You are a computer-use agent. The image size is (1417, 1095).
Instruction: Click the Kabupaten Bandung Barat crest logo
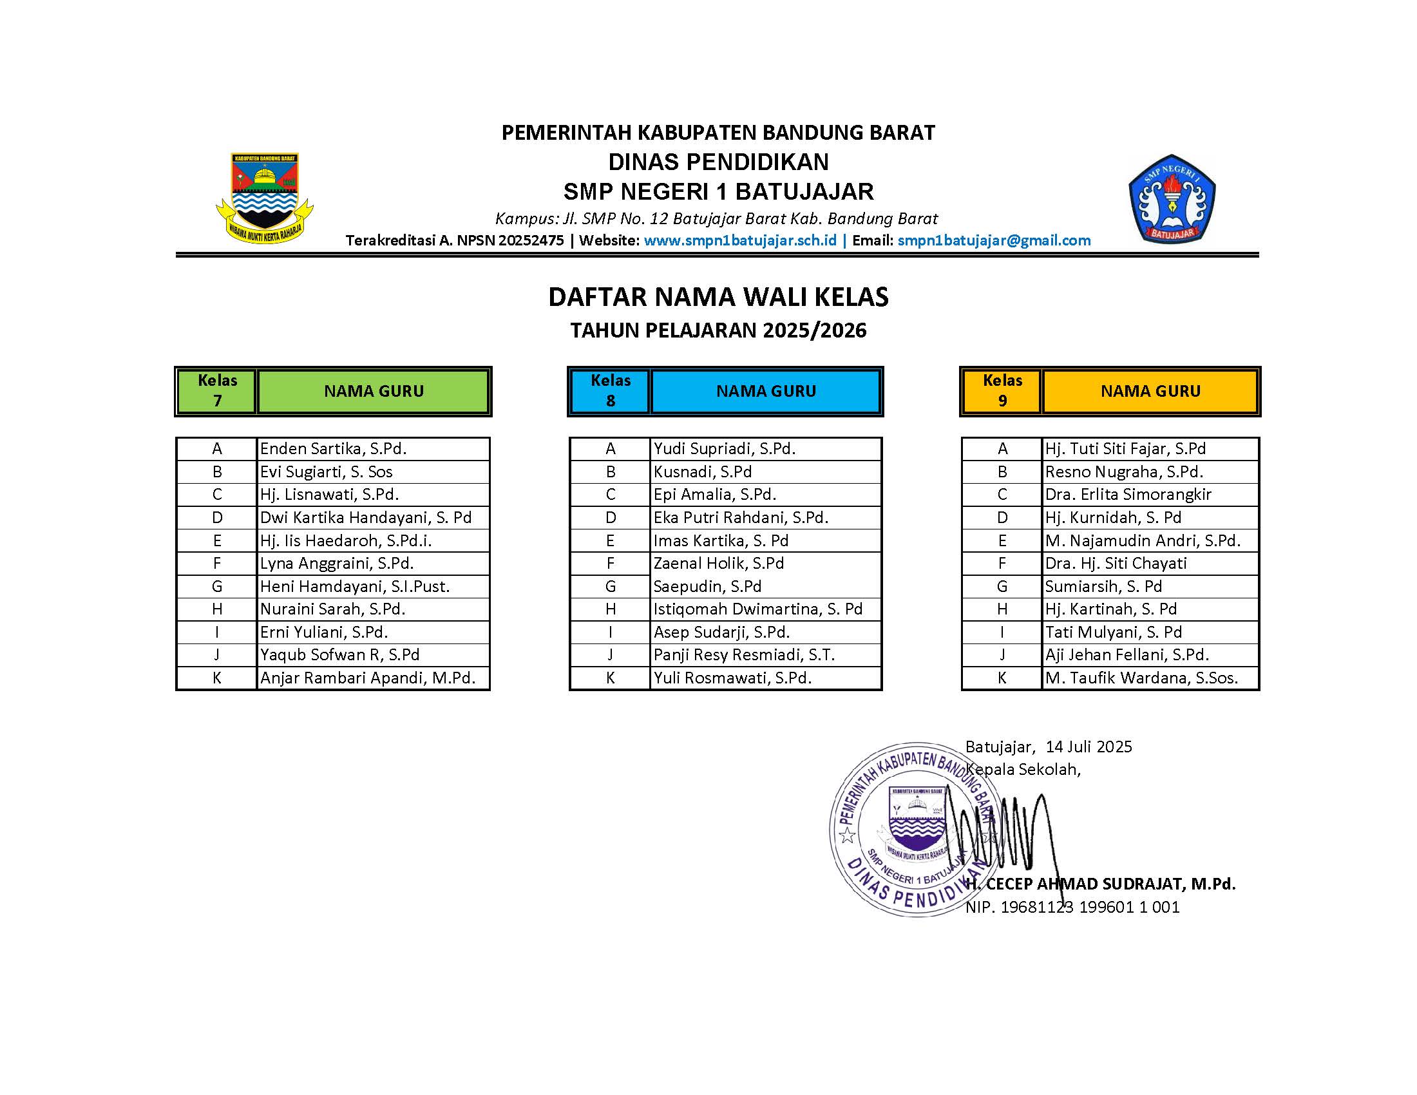click(265, 198)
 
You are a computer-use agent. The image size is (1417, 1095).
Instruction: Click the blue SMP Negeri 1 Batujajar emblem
click(1172, 198)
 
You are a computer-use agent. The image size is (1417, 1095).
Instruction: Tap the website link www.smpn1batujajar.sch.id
click(739, 241)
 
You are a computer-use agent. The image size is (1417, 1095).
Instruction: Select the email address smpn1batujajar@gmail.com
click(993, 241)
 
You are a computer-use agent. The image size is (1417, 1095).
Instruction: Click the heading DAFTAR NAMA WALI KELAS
click(718, 297)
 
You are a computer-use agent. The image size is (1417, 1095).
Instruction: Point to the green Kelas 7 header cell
click(217, 390)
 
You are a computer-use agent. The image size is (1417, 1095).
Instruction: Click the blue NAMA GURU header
click(766, 391)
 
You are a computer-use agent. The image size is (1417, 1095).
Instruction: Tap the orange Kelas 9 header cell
click(1002, 390)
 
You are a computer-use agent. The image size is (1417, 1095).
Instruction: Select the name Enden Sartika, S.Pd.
click(333, 449)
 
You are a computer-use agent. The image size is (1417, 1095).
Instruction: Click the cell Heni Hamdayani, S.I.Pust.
click(354, 586)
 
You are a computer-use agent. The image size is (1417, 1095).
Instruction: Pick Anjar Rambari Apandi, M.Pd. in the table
click(367, 678)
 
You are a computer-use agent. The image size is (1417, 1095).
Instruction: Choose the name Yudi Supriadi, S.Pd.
click(724, 449)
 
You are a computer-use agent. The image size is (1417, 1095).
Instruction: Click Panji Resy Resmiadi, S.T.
click(743, 655)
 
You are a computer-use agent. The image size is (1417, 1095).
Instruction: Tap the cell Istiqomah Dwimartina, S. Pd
click(758, 609)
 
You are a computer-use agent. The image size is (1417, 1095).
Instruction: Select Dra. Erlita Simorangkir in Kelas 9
click(1128, 494)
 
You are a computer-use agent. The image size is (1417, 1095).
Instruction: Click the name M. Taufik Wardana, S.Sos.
click(1141, 678)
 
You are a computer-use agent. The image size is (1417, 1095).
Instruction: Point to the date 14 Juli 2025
click(1089, 747)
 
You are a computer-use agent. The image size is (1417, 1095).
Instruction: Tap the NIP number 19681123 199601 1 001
click(1090, 907)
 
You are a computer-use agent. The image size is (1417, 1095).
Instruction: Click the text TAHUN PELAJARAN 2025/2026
click(718, 331)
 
